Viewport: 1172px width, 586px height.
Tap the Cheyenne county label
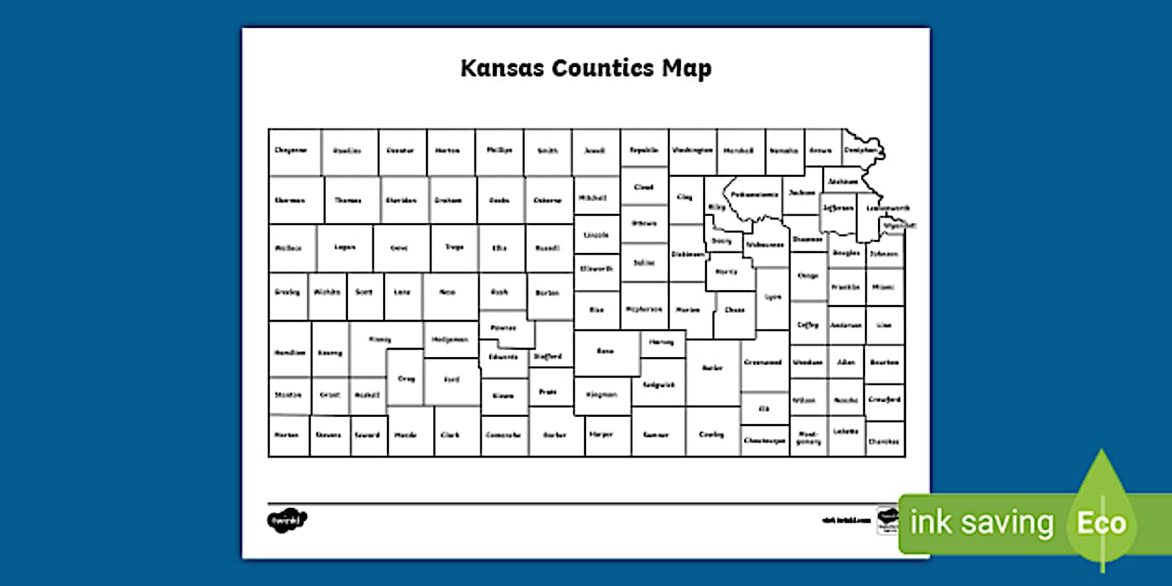click(x=291, y=150)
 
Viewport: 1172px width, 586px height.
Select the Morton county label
click(x=286, y=433)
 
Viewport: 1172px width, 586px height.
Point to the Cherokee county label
click(x=884, y=439)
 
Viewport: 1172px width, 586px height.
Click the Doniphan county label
click(x=860, y=149)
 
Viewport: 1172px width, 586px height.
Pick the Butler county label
click(x=713, y=367)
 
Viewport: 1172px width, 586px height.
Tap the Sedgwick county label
click(x=659, y=383)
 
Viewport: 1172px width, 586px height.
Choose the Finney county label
click(x=380, y=340)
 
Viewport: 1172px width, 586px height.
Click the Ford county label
click(x=451, y=380)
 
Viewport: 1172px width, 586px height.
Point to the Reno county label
click(x=606, y=351)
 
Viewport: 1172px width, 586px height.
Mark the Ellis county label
click(x=499, y=247)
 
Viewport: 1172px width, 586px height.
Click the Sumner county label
click(x=658, y=434)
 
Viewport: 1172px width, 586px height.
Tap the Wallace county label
click(x=288, y=248)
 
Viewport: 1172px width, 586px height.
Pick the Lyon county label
click(x=773, y=297)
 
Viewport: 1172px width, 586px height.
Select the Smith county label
click(x=548, y=151)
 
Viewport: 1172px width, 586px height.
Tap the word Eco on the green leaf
click(x=1101, y=523)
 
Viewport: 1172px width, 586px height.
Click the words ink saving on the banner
click(x=981, y=523)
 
